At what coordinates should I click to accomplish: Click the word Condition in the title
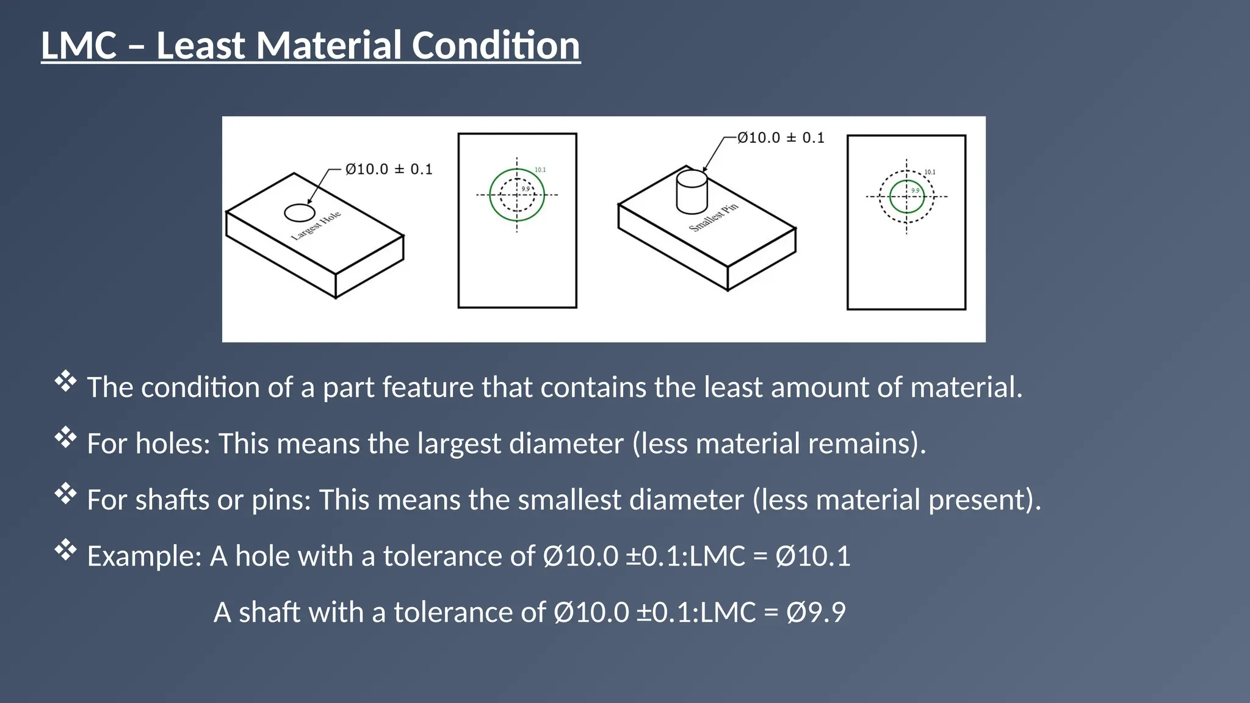coord(495,46)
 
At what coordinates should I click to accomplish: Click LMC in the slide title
coord(79,46)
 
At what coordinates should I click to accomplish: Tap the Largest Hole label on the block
coord(316,226)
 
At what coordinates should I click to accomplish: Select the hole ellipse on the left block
coord(300,213)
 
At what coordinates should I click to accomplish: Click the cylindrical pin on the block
coord(692,192)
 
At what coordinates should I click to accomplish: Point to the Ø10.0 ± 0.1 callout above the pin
coord(781,138)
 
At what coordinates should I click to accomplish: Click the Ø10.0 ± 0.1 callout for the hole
coord(389,170)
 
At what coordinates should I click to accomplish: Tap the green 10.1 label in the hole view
coord(540,170)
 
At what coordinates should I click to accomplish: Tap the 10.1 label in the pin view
coord(930,172)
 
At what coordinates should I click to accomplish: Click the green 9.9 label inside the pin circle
coord(915,190)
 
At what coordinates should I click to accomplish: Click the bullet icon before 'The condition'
coord(65,381)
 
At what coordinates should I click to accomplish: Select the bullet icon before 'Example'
coord(65,550)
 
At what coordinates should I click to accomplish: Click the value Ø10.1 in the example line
coord(812,556)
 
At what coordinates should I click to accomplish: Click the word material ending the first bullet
coord(966,388)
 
